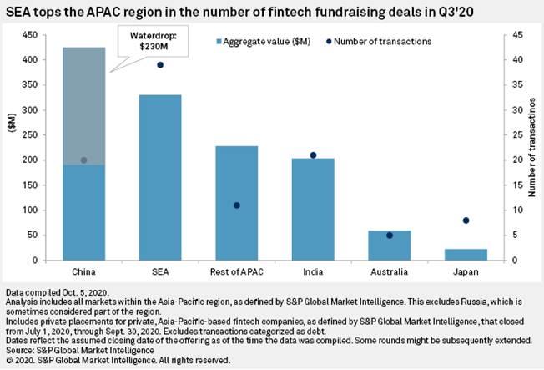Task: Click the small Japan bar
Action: (466, 255)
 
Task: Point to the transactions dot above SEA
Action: (159, 65)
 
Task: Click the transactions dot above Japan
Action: (466, 220)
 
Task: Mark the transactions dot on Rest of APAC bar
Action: (236, 205)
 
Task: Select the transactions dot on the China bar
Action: (83, 160)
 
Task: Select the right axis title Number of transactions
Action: (532, 148)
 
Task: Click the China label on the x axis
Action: (83, 272)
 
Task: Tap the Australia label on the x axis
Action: (390, 272)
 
